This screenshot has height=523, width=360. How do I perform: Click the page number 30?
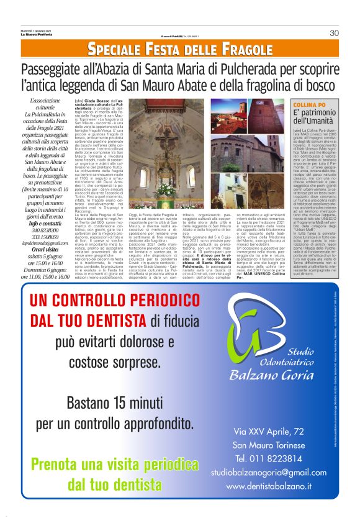(x=333, y=33)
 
